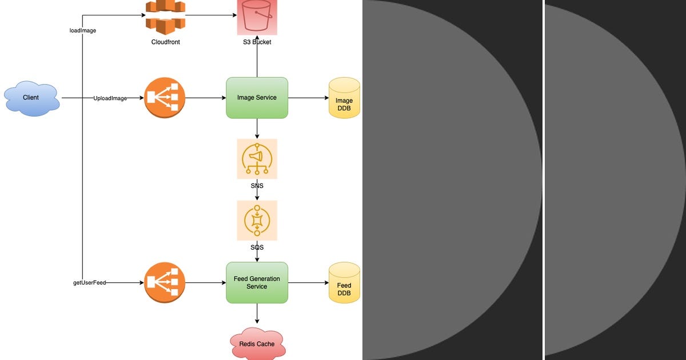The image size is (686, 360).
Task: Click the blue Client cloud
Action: tap(31, 98)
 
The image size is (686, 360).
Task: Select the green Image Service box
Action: tap(257, 98)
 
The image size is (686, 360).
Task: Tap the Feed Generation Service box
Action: tap(257, 282)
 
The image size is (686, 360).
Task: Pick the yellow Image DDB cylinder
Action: tap(344, 98)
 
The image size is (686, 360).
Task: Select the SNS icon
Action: tap(257, 159)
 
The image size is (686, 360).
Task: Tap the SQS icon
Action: tap(257, 220)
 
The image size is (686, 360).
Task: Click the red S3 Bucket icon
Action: tap(257, 17)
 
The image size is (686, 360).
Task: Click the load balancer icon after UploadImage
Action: tap(165, 98)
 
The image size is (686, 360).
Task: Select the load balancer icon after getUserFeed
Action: tap(165, 282)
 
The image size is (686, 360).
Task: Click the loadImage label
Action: tap(82, 30)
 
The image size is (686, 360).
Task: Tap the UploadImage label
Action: tap(110, 98)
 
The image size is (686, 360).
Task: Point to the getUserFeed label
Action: tap(90, 283)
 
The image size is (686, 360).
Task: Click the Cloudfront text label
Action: tap(165, 42)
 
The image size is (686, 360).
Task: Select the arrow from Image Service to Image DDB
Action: tap(308, 98)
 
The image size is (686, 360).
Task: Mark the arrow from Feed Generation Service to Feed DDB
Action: tap(308, 282)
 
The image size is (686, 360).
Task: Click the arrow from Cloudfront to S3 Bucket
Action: tap(212, 15)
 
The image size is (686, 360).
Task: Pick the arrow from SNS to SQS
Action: tap(257, 195)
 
